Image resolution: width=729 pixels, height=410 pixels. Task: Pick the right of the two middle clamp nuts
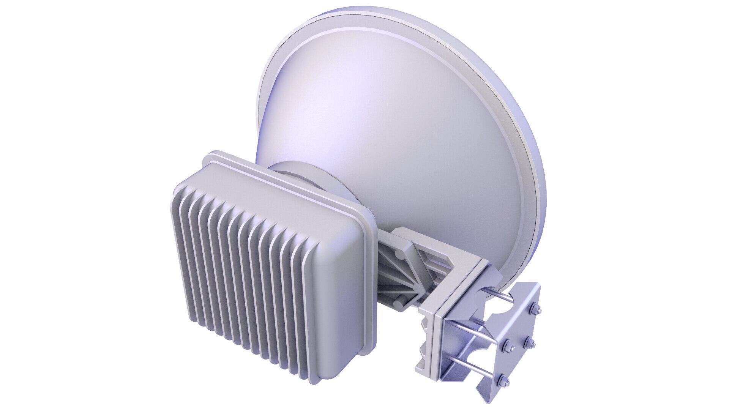coord(529,343)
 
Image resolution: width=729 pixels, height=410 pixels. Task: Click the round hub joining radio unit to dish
coord(304,178)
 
